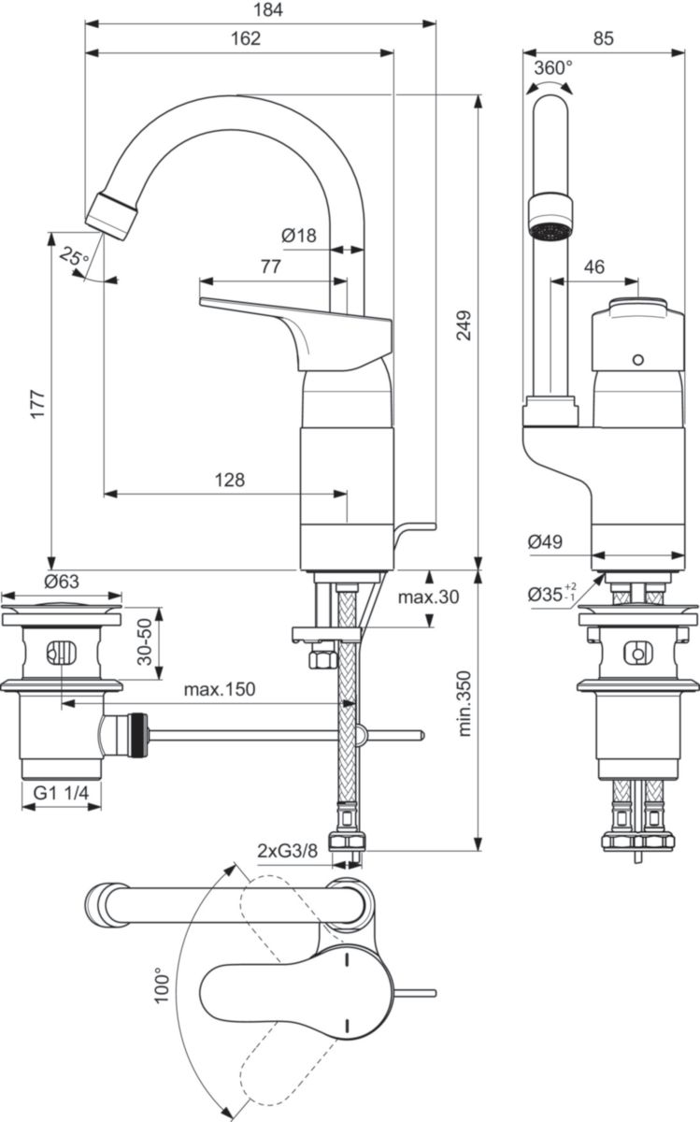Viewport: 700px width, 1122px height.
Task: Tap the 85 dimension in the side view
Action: [603, 38]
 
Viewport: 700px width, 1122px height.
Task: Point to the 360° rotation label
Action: [553, 68]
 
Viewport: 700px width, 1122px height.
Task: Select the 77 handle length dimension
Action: [270, 266]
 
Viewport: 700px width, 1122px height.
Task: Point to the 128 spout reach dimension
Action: [228, 480]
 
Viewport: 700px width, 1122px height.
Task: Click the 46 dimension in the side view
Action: [593, 267]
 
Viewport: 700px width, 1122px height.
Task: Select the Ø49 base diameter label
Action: [545, 541]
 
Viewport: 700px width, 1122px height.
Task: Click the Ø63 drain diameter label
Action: [61, 582]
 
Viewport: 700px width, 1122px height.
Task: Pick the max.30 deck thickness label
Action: [427, 597]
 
